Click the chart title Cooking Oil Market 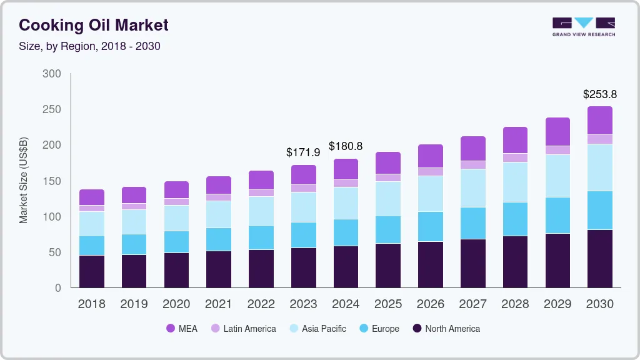pos(93,25)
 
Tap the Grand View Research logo pos(583,26)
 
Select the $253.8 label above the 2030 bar pos(600,94)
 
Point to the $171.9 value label pos(303,152)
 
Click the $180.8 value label pos(346,146)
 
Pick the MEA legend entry pos(182,328)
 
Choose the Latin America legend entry pos(243,328)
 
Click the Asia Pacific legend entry pos(317,328)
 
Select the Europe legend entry pos(379,328)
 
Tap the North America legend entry pos(446,328)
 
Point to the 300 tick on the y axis pos(52,74)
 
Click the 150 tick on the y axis pos(52,181)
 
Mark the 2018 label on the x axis pos(92,304)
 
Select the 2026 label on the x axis pos(431,304)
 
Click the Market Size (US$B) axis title pos(24,180)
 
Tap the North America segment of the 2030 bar pos(600,259)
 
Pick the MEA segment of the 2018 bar pos(92,197)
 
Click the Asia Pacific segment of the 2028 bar pos(515,182)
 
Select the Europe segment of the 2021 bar pos(219,239)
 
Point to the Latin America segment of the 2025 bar pos(388,177)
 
